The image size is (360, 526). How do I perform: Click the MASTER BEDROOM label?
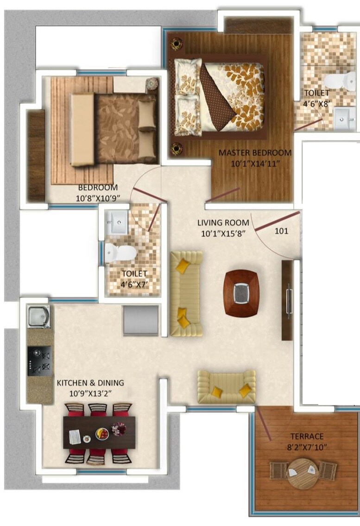tap(255, 152)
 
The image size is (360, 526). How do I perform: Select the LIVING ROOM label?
tap(223, 223)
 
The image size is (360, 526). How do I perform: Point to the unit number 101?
tap(281, 230)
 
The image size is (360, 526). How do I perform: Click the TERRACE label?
tap(307, 436)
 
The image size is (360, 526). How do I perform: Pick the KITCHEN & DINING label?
tap(90, 383)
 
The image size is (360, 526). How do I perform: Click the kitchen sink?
tap(38, 317)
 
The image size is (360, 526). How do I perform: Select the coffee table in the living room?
tap(241, 293)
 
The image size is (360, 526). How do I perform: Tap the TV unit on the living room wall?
tap(288, 300)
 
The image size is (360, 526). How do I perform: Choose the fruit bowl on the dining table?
tap(102, 434)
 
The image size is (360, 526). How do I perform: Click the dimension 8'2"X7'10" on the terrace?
tap(307, 446)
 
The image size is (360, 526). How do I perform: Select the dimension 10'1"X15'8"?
tap(223, 234)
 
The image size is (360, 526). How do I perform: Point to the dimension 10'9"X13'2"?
tap(90, 393)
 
